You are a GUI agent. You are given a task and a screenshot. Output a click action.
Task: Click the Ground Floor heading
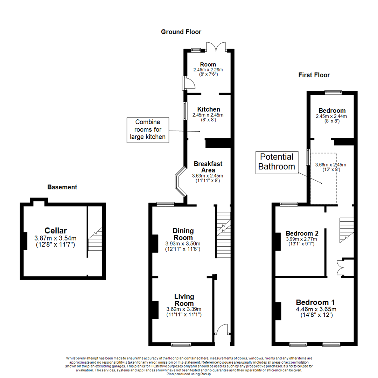tap(181, 32)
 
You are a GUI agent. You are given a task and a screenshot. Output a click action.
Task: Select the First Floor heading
tap(314, 75)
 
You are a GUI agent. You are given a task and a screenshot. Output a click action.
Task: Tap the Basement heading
tap(62, 187)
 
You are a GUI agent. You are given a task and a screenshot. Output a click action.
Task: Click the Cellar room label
tap(55, 231)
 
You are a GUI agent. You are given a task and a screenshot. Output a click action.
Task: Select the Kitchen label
tap(208, 109)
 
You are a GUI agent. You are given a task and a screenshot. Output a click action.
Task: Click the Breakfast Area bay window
tap(181, 181)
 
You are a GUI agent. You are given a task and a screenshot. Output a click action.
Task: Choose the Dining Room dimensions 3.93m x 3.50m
tap(183, 244)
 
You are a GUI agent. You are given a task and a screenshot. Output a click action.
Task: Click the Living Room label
tap(184, 300)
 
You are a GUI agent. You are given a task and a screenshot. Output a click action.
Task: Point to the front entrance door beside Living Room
tap(222, 331)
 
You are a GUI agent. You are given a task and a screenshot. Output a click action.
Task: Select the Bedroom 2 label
tap(302, 233)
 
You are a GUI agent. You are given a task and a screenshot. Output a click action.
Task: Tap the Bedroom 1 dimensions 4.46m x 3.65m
tap(316, 309)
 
